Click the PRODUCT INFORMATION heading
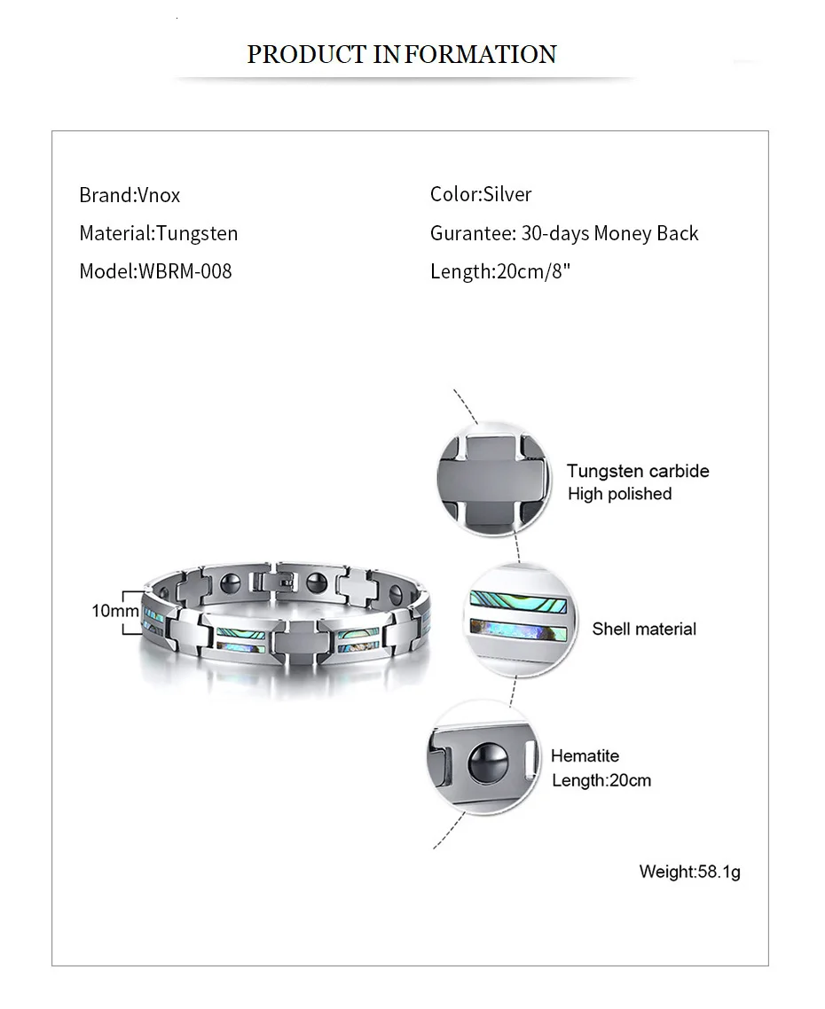click(401, 54)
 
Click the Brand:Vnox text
click(130, 195)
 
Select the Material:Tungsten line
click(159, 233)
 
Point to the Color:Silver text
click(481, 194)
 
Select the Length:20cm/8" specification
click(500, 271)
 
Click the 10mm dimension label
click(115, 611)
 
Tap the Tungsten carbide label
click(638, 471)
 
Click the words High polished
click(619, 494)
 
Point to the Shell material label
click(644, 629)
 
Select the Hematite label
click(585, 755)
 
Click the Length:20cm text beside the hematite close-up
click(601, 780)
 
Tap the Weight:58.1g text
click(689, 872)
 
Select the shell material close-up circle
click(518, 622)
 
